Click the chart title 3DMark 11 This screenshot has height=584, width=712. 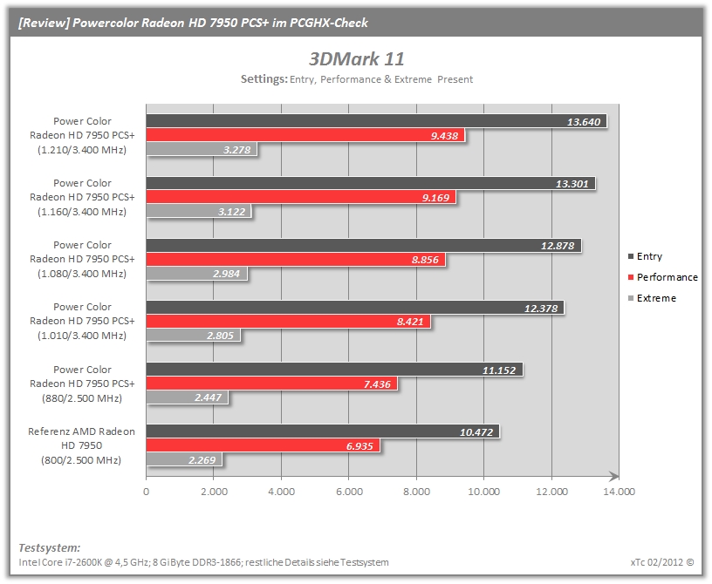[357, 59]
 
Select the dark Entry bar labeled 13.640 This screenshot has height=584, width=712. [376, 121]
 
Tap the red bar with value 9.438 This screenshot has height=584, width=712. [305, 135]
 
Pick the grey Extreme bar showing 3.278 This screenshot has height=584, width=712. [202, 149]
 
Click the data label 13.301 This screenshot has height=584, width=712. [572, 184]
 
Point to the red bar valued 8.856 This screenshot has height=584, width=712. [296, 259]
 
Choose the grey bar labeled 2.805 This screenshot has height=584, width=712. [194, 336]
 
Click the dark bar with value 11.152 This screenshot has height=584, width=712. [335, 370]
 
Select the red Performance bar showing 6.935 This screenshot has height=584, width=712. [263, 445]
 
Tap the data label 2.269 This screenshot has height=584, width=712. [202, 460]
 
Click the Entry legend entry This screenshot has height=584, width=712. [645, 256]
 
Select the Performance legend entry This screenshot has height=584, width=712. [662, 277]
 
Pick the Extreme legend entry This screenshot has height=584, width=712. [652, 298]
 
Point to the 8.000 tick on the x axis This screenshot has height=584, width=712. [416, 492]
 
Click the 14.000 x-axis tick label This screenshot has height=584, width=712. [619, 492]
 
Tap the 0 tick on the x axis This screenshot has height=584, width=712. [147, 492]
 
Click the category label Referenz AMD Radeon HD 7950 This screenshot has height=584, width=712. [82, 438]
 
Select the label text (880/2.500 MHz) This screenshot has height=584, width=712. [82, 398]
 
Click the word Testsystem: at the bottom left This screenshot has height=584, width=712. [50, 547]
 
